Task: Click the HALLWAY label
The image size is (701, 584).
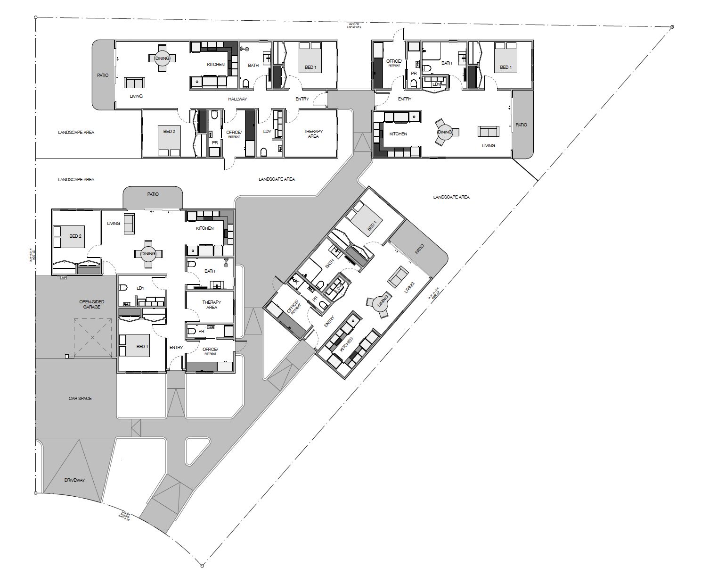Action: (x=237, y=99)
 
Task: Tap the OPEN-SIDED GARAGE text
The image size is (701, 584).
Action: (x=92, y=304)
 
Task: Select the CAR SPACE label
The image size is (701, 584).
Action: (x=80, y=398)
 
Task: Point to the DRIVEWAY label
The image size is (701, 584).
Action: (x=74, y=480)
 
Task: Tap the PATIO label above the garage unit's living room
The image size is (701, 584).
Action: (x=153, y=194)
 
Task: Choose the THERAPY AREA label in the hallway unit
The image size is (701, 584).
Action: (x=313, y=134)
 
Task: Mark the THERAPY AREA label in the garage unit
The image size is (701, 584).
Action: (x=212, y=305)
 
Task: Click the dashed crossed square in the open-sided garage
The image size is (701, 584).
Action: (x=92, y=337)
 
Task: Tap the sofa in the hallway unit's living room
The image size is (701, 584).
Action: (x=135, y=83)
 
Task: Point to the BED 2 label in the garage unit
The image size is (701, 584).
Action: (x=75, y=236)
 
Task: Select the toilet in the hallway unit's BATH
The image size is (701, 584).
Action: (x=245, y=83)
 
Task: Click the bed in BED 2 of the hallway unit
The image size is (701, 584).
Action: (x=169, y=140)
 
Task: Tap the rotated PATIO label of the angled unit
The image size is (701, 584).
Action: (x=419, y=249)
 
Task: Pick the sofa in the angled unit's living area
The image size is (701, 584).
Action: (x=398, y=276)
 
